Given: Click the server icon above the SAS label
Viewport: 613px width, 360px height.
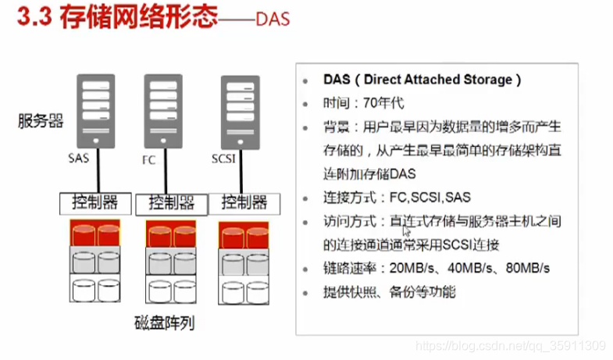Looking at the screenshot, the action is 96,112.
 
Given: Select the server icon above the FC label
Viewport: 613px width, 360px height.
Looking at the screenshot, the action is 163,112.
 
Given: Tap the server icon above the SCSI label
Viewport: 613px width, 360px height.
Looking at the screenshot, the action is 240,112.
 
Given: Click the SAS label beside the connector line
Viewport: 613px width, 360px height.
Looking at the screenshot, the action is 79,159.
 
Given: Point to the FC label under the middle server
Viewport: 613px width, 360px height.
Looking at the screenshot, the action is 149,160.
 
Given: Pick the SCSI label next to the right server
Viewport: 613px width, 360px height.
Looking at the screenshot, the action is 223,159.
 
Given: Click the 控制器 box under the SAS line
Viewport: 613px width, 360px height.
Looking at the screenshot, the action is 95,203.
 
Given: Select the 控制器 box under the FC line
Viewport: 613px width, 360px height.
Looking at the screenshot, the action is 172,204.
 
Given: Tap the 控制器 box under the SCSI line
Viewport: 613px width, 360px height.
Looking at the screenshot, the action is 244,203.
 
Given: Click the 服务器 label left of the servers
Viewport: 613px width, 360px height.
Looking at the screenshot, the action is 41,121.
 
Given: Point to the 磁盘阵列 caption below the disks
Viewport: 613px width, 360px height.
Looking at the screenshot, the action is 164,323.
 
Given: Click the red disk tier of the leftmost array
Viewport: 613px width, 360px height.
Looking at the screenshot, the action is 95,233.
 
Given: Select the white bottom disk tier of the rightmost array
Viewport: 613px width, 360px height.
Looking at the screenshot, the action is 244,290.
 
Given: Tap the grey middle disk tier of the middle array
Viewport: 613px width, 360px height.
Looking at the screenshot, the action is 171,261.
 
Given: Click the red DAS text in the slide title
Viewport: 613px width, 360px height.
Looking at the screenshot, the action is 273,20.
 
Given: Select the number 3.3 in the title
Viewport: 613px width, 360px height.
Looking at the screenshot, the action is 34,18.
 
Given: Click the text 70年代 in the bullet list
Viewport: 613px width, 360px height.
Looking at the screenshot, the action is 383,103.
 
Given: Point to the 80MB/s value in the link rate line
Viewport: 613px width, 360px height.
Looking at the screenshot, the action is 528,268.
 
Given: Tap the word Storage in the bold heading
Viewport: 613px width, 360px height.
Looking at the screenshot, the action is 488,80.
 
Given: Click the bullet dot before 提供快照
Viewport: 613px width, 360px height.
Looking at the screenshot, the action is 305,293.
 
